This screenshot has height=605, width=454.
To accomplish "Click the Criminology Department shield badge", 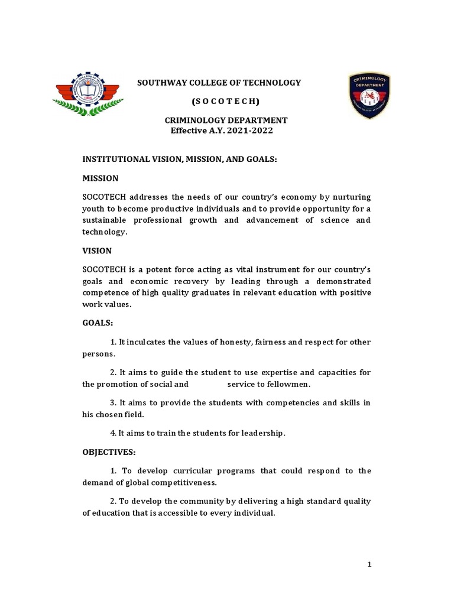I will [x=369, y=96].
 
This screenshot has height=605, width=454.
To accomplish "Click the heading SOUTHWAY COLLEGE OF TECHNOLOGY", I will [x=219, y=83].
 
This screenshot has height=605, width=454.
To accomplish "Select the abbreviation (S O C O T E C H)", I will [x=219, y=101].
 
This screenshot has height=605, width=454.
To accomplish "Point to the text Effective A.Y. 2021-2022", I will [x=222, y=131].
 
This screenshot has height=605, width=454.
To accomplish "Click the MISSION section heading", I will [x=100, y=178].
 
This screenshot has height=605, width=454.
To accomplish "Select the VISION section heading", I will [x=97, y=251].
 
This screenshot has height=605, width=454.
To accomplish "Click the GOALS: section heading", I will [x=98, y=324].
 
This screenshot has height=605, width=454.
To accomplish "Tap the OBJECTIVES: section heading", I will [x=109, y=452].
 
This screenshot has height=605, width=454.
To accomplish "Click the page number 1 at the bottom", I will [x=369, y=565].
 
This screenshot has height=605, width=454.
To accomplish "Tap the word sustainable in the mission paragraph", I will [x=106, y=220].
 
